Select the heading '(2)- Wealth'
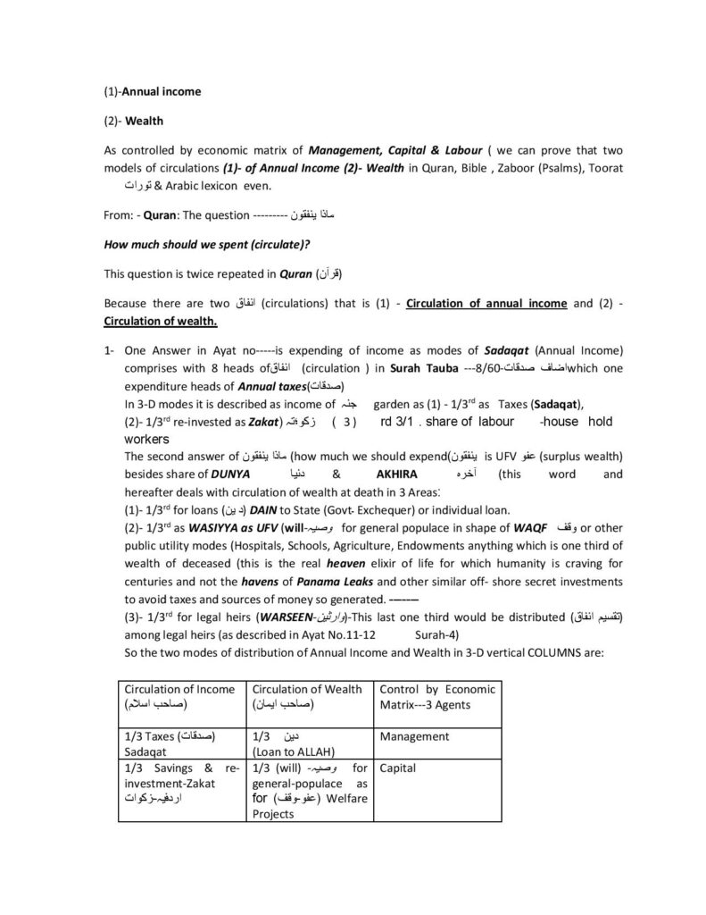[134, 121]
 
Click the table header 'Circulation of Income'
[179, 689]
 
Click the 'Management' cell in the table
[413, 736]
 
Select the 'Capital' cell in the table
[397, 768]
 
